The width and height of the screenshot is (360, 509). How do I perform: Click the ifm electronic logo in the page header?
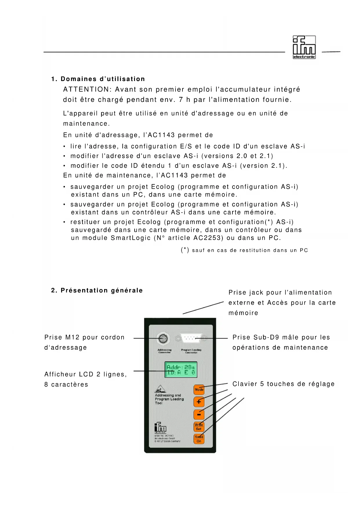304,47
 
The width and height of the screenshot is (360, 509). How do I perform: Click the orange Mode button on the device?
199,389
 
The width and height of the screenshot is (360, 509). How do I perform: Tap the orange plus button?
199,402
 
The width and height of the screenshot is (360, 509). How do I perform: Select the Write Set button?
199,427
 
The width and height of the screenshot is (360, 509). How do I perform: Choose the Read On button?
199,439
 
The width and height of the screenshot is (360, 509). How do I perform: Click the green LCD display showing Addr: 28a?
181,369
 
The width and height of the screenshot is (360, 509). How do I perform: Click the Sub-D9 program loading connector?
191,338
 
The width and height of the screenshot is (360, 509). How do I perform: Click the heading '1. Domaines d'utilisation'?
98,79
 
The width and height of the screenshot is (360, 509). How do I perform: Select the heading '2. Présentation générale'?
97,290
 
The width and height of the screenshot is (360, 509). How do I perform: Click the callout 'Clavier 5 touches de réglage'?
283,384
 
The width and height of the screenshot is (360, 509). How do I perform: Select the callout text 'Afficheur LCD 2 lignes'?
86,374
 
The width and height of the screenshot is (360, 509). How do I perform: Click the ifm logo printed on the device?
160,427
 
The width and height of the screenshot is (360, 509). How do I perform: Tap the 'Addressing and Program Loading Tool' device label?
169,399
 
